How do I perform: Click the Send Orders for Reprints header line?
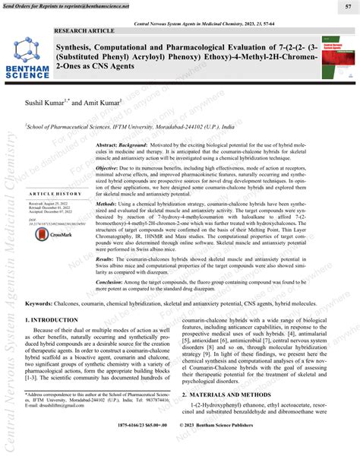click(66, 6)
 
